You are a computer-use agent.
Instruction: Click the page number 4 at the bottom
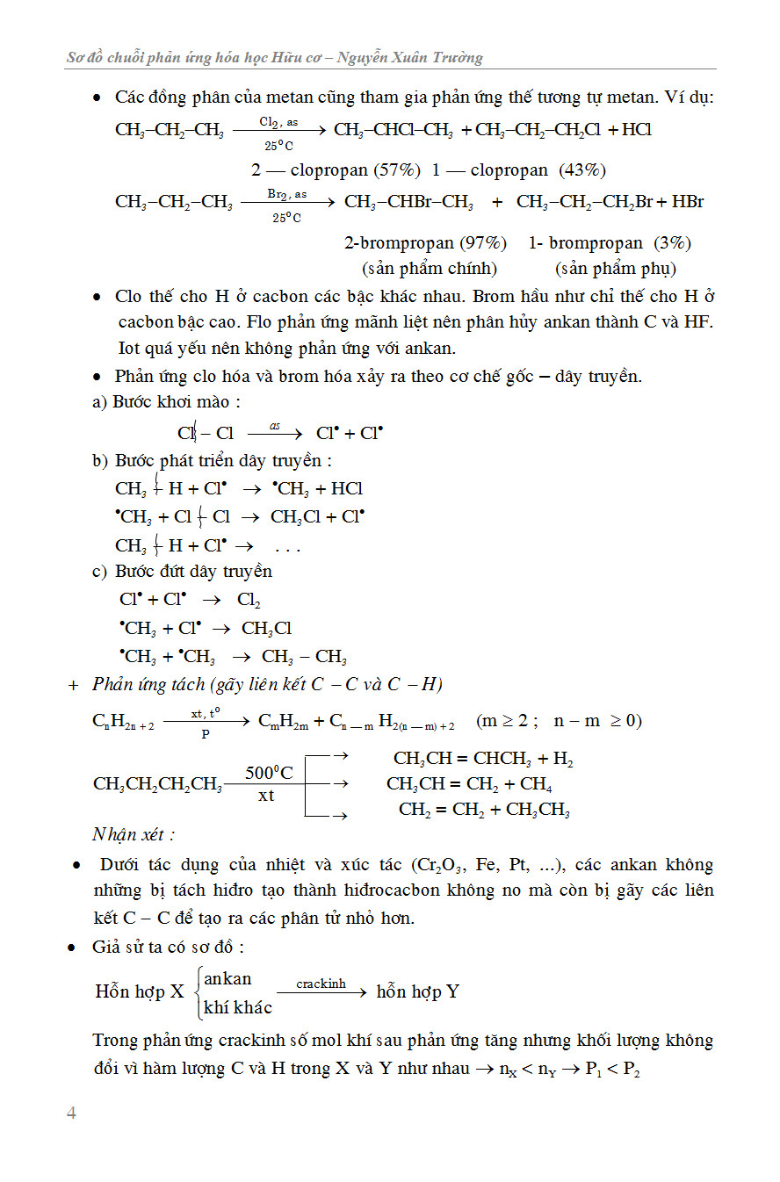click(72, 1113)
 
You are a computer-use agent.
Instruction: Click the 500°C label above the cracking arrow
click(269, 773)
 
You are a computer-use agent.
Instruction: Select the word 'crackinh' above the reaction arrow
click(321, 984)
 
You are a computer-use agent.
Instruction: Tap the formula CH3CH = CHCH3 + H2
click(483, 759)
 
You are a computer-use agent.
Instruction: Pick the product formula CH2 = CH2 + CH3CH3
click(484, 810)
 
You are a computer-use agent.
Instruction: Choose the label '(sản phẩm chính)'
click(430, 268)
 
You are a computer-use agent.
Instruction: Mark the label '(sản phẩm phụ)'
click(616, 268)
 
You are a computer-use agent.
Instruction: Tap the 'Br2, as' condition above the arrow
click(286, 193)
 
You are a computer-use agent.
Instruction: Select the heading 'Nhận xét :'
click(134, 834)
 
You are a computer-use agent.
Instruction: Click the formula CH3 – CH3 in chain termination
click(304, 657)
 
